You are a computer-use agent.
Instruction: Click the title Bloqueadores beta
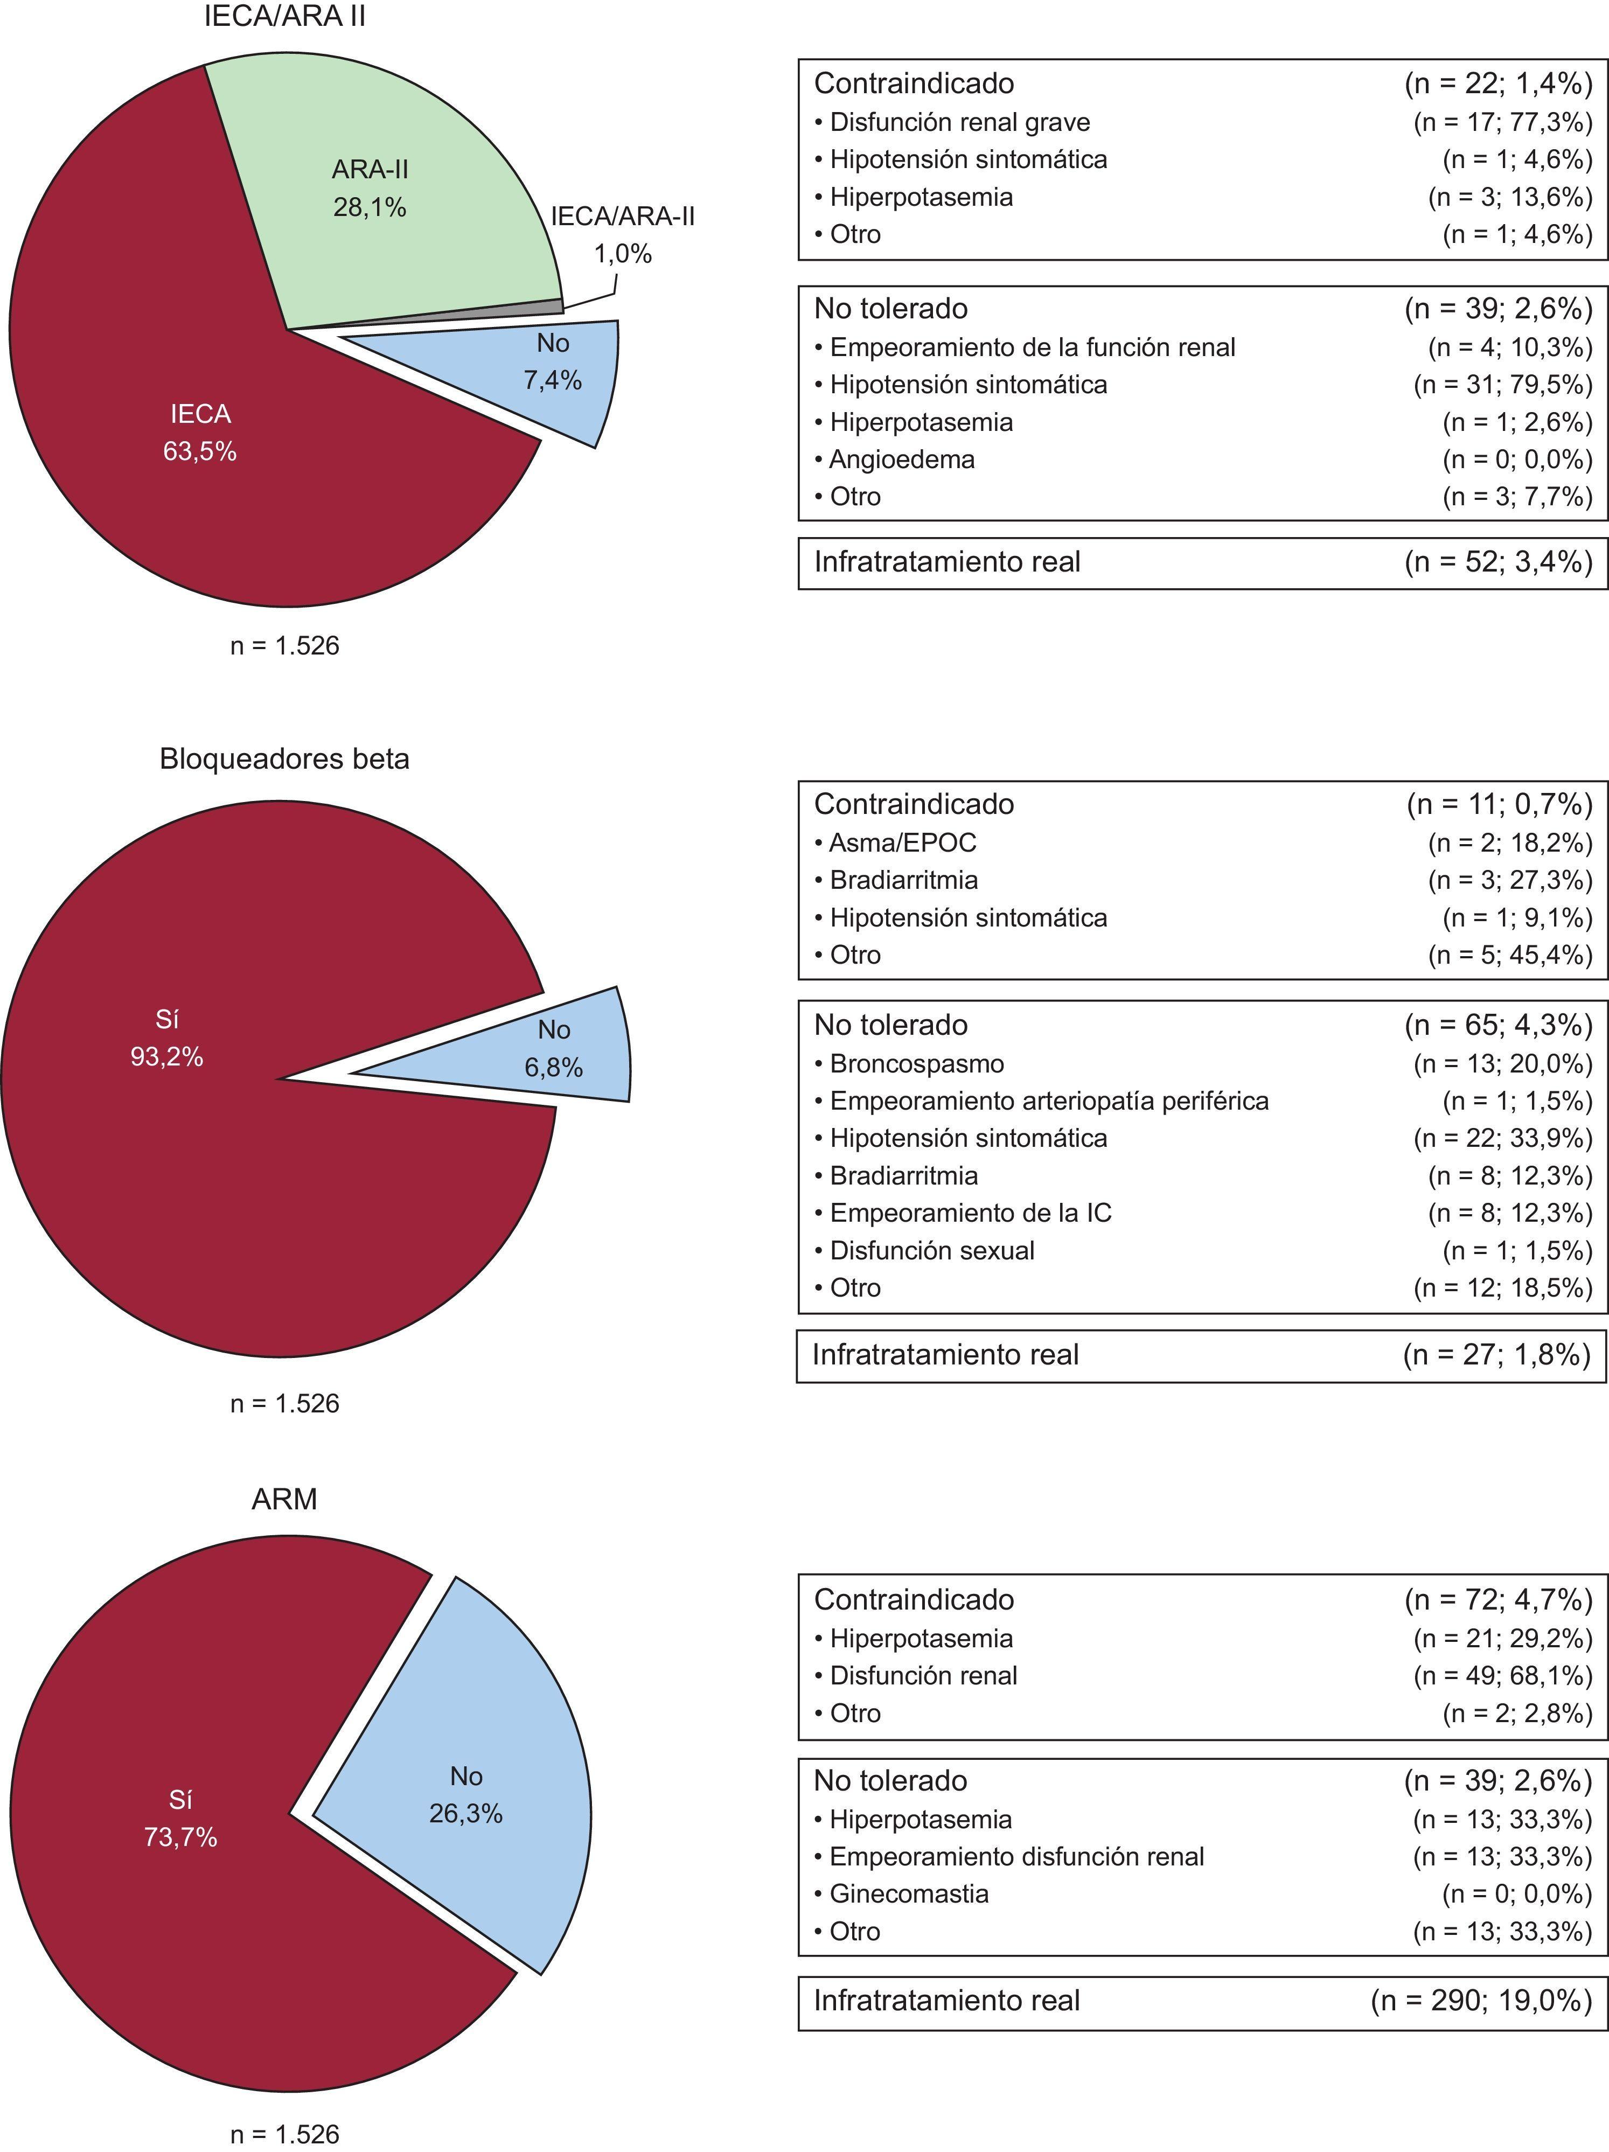[284, 759]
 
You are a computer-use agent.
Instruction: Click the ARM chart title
[284, 1499]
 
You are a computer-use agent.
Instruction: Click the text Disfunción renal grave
[959, 123]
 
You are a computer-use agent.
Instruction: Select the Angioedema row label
[902, 459]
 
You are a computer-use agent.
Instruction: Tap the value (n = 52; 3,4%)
[1498, 562]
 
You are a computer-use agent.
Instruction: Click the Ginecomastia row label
[909, 1893]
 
